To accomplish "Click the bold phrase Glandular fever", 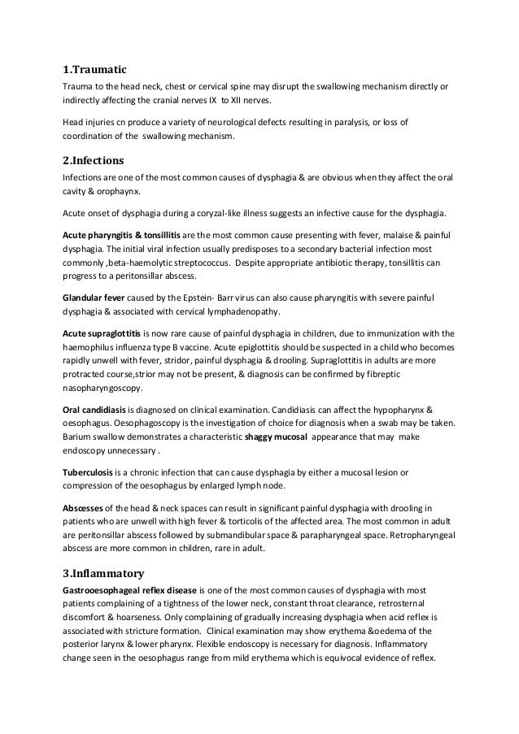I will tap(94, 297).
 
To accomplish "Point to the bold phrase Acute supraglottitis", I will tap(102, 334).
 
